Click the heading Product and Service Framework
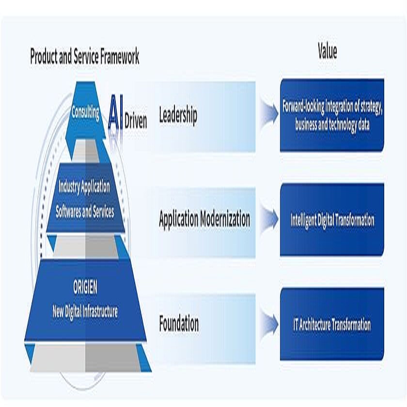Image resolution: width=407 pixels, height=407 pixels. [x=85, y=57]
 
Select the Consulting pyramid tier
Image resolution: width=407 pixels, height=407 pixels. [x=85, y=113]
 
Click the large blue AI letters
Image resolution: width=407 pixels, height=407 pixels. [x=115, y=112]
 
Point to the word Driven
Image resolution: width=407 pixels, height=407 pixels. [x=136, y=121]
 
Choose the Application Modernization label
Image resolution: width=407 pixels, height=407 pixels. [x=204, y=219]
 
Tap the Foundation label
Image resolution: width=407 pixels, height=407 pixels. [x=179, y=324]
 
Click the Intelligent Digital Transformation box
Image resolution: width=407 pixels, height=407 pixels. [x=332, y=220]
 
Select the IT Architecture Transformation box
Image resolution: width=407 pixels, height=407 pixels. [x=332, y=324]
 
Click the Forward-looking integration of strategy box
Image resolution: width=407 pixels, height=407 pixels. [x=332, y=115]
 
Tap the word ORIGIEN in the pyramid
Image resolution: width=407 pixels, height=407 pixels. [x=85, y=287]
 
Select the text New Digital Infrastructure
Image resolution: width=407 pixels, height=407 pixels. [x=85, y=312]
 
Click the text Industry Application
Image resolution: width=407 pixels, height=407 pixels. [x=84, y=186]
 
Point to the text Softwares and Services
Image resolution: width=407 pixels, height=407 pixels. [x=85, y=212]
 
